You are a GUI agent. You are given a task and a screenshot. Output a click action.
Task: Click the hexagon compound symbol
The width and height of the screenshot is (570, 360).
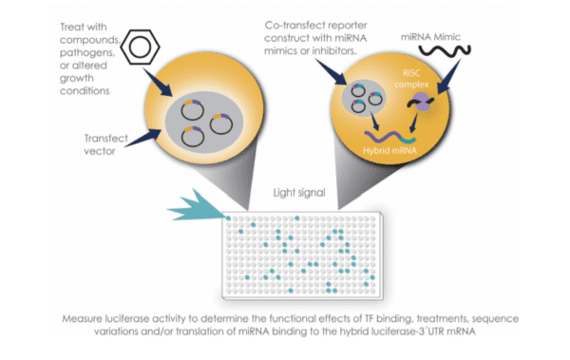click(140, 47)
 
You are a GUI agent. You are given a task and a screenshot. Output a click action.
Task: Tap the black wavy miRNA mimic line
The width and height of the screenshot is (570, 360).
click(445, 50)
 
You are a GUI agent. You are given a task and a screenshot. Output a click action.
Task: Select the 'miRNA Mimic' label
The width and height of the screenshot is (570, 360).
click(430, 37)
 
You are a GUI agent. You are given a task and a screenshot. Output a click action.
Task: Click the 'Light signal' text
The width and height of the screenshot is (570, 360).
click(299, 193)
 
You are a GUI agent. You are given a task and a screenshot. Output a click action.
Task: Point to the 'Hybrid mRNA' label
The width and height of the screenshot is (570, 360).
click(389, 150)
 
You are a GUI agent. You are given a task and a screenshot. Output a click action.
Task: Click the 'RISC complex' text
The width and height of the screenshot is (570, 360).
click(411, 79)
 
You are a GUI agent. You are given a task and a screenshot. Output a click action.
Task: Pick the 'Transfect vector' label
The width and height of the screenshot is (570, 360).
click(105, 144)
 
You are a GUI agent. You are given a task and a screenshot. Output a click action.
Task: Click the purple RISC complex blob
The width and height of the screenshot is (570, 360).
click(421, 102)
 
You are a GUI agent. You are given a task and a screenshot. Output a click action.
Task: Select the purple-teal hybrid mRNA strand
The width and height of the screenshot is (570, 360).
click(389, 137)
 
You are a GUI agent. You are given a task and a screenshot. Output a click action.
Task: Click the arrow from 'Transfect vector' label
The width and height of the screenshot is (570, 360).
click(142, 138)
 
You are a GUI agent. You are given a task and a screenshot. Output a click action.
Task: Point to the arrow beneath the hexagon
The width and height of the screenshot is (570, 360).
click(158, 83)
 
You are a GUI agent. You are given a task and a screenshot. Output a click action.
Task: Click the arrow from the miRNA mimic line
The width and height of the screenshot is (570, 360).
click(448, 77)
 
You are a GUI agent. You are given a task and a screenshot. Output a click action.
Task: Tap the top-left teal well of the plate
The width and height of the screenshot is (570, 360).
click(228, 218)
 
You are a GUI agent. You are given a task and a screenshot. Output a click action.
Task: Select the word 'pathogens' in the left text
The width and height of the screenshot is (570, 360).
click(87, 53)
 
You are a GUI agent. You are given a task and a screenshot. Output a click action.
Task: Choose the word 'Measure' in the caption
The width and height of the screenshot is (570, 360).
click(82, 319)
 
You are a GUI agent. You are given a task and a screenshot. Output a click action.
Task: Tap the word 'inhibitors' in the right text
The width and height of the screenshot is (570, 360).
click(333, 50)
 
